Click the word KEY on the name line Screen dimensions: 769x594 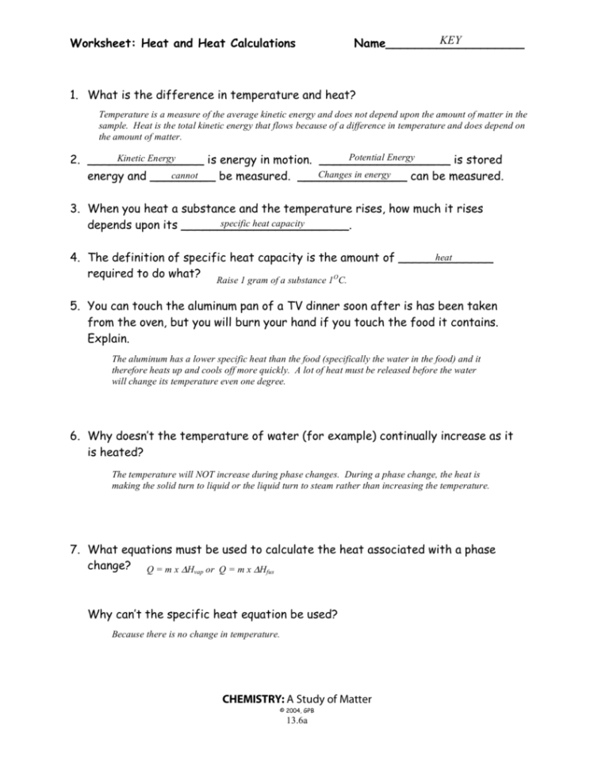(450, 40)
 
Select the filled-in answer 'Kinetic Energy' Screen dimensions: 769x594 (146, 159)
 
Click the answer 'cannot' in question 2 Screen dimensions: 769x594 (184, 174)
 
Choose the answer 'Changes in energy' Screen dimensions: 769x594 (354, 174)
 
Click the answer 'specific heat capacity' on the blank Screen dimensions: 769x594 (263, 224)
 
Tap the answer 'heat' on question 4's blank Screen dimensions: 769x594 (443, 257)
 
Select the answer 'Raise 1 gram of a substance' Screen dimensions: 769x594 (282, 280)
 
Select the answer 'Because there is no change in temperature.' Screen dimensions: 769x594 (196, 634)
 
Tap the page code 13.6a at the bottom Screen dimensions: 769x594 (297, 721)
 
